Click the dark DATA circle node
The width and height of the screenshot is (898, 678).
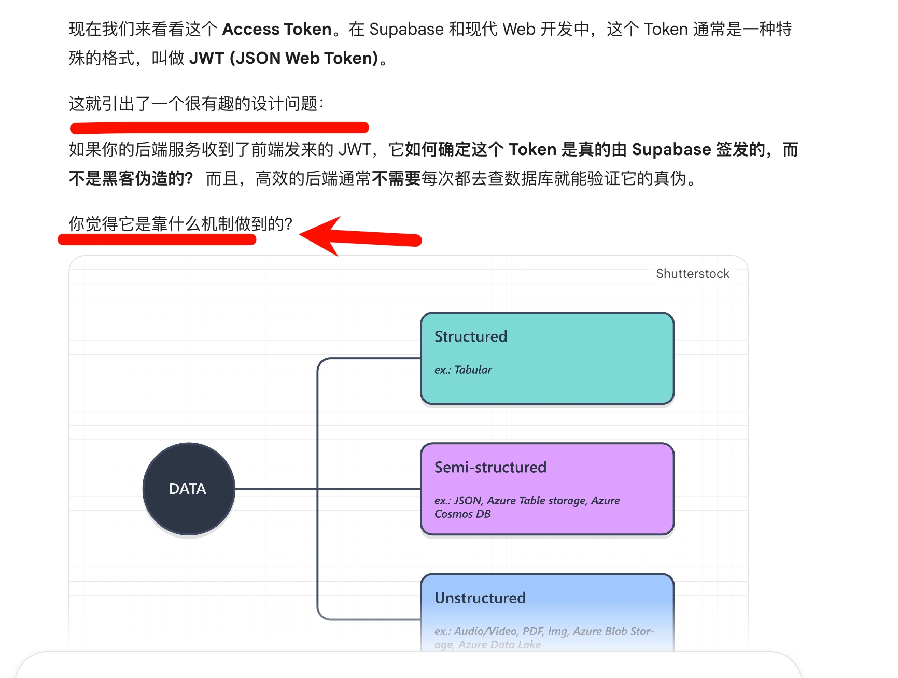(x=188, y=489)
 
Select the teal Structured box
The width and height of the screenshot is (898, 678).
(x=547, y=358)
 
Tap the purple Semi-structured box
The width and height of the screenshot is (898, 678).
(x=547, y=489)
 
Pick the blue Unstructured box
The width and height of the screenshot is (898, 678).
(x=547, y=612)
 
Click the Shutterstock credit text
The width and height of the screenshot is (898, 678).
(x=692, y=274)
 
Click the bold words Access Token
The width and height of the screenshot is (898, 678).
(x=277, y=29)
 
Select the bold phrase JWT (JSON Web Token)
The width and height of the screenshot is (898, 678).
(x=284, y=58)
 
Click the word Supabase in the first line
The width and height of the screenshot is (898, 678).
(x=406, y=29)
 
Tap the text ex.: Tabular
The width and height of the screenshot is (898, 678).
(x=463, y=370)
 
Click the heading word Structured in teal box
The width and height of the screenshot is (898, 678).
(x=470, y=336)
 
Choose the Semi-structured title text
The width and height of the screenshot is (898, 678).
(x=490, y=467)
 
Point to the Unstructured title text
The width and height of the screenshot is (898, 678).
(x=480, y=598)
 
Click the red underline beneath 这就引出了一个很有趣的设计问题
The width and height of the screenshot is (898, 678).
(x=219, y=128)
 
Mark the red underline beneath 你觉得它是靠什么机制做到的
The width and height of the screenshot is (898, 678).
(x=157, y=239)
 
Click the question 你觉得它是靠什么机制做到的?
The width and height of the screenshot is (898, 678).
(x=180, y=224)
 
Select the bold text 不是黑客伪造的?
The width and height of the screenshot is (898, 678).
(x=131, y=178)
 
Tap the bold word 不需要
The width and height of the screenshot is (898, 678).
(x=396, y=178)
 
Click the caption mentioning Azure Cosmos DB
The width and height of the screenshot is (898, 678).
(x=527, y=507)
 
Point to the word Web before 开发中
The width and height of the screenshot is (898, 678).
(x=518, y=29)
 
